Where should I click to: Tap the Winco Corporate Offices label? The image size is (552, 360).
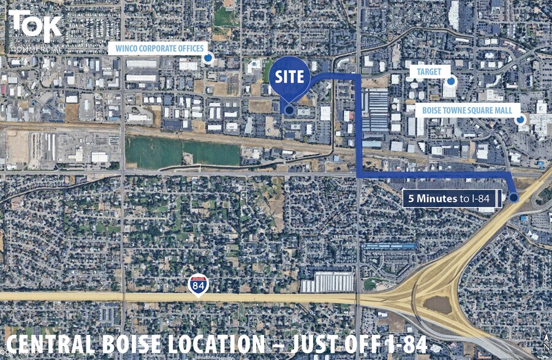click(x=157, y=48)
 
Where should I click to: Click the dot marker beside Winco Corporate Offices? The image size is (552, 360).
click(x=208, y=58)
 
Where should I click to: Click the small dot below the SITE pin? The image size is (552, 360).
click(x=289, y=110)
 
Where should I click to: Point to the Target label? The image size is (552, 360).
click(x=429, y=72)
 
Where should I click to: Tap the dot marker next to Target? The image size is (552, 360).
click(x=451, y=81)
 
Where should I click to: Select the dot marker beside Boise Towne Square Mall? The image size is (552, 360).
click(x=520, y=120)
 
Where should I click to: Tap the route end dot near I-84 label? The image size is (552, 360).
click(x=513, y=197)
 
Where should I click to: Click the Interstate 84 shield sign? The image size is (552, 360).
click(x=198, y=285)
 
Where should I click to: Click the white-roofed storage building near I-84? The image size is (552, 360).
click(x=328, y=282)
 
